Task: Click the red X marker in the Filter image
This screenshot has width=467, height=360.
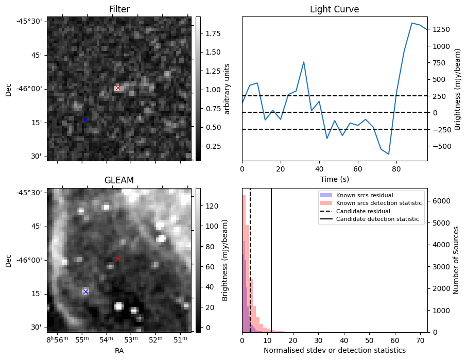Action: [x=118, y=88]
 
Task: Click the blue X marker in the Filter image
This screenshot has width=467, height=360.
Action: [x=85, y=120]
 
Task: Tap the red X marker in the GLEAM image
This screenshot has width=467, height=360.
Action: [x=118, y=259]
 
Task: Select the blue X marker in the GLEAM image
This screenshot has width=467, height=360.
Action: [x=85, y=292]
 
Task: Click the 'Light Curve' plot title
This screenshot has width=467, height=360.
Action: [x=334, y=9]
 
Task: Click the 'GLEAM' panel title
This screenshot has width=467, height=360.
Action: [x=119, y=180]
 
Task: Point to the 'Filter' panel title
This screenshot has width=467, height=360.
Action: [x=119, y=9]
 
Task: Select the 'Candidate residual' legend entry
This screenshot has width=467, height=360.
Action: [x=360, y=212]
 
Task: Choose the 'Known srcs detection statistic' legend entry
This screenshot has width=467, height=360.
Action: [x=378, y=203]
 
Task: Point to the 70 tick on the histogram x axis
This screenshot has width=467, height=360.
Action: [x=420, y=340]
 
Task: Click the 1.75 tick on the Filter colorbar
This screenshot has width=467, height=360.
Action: [x=209, y=33]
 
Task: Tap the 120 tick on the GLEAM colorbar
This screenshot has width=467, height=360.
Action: [x=207, y=206]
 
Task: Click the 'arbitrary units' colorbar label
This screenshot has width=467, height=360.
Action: [x=227, y=89]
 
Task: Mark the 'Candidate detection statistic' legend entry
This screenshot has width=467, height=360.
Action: [x=377, y=219]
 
